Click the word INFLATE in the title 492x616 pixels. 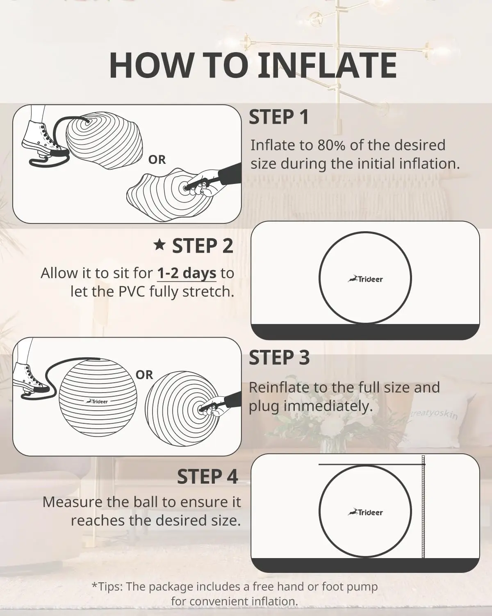point(327,65)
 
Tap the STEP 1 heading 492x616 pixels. point(279,117)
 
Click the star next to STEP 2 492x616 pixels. point(159,245)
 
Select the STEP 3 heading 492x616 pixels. point(279,358)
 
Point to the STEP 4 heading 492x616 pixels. point(207,477)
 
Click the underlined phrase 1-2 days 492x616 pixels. point(187,273)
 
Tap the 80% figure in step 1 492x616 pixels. point(331,145)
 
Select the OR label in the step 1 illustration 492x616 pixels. point(157,160)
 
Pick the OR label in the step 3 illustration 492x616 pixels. point(144,375)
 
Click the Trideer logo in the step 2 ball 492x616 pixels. point(365,279)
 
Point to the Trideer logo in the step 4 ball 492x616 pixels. point(365,512)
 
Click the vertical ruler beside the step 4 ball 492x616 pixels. point(424,507)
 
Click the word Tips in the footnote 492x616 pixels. point(109,586)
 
